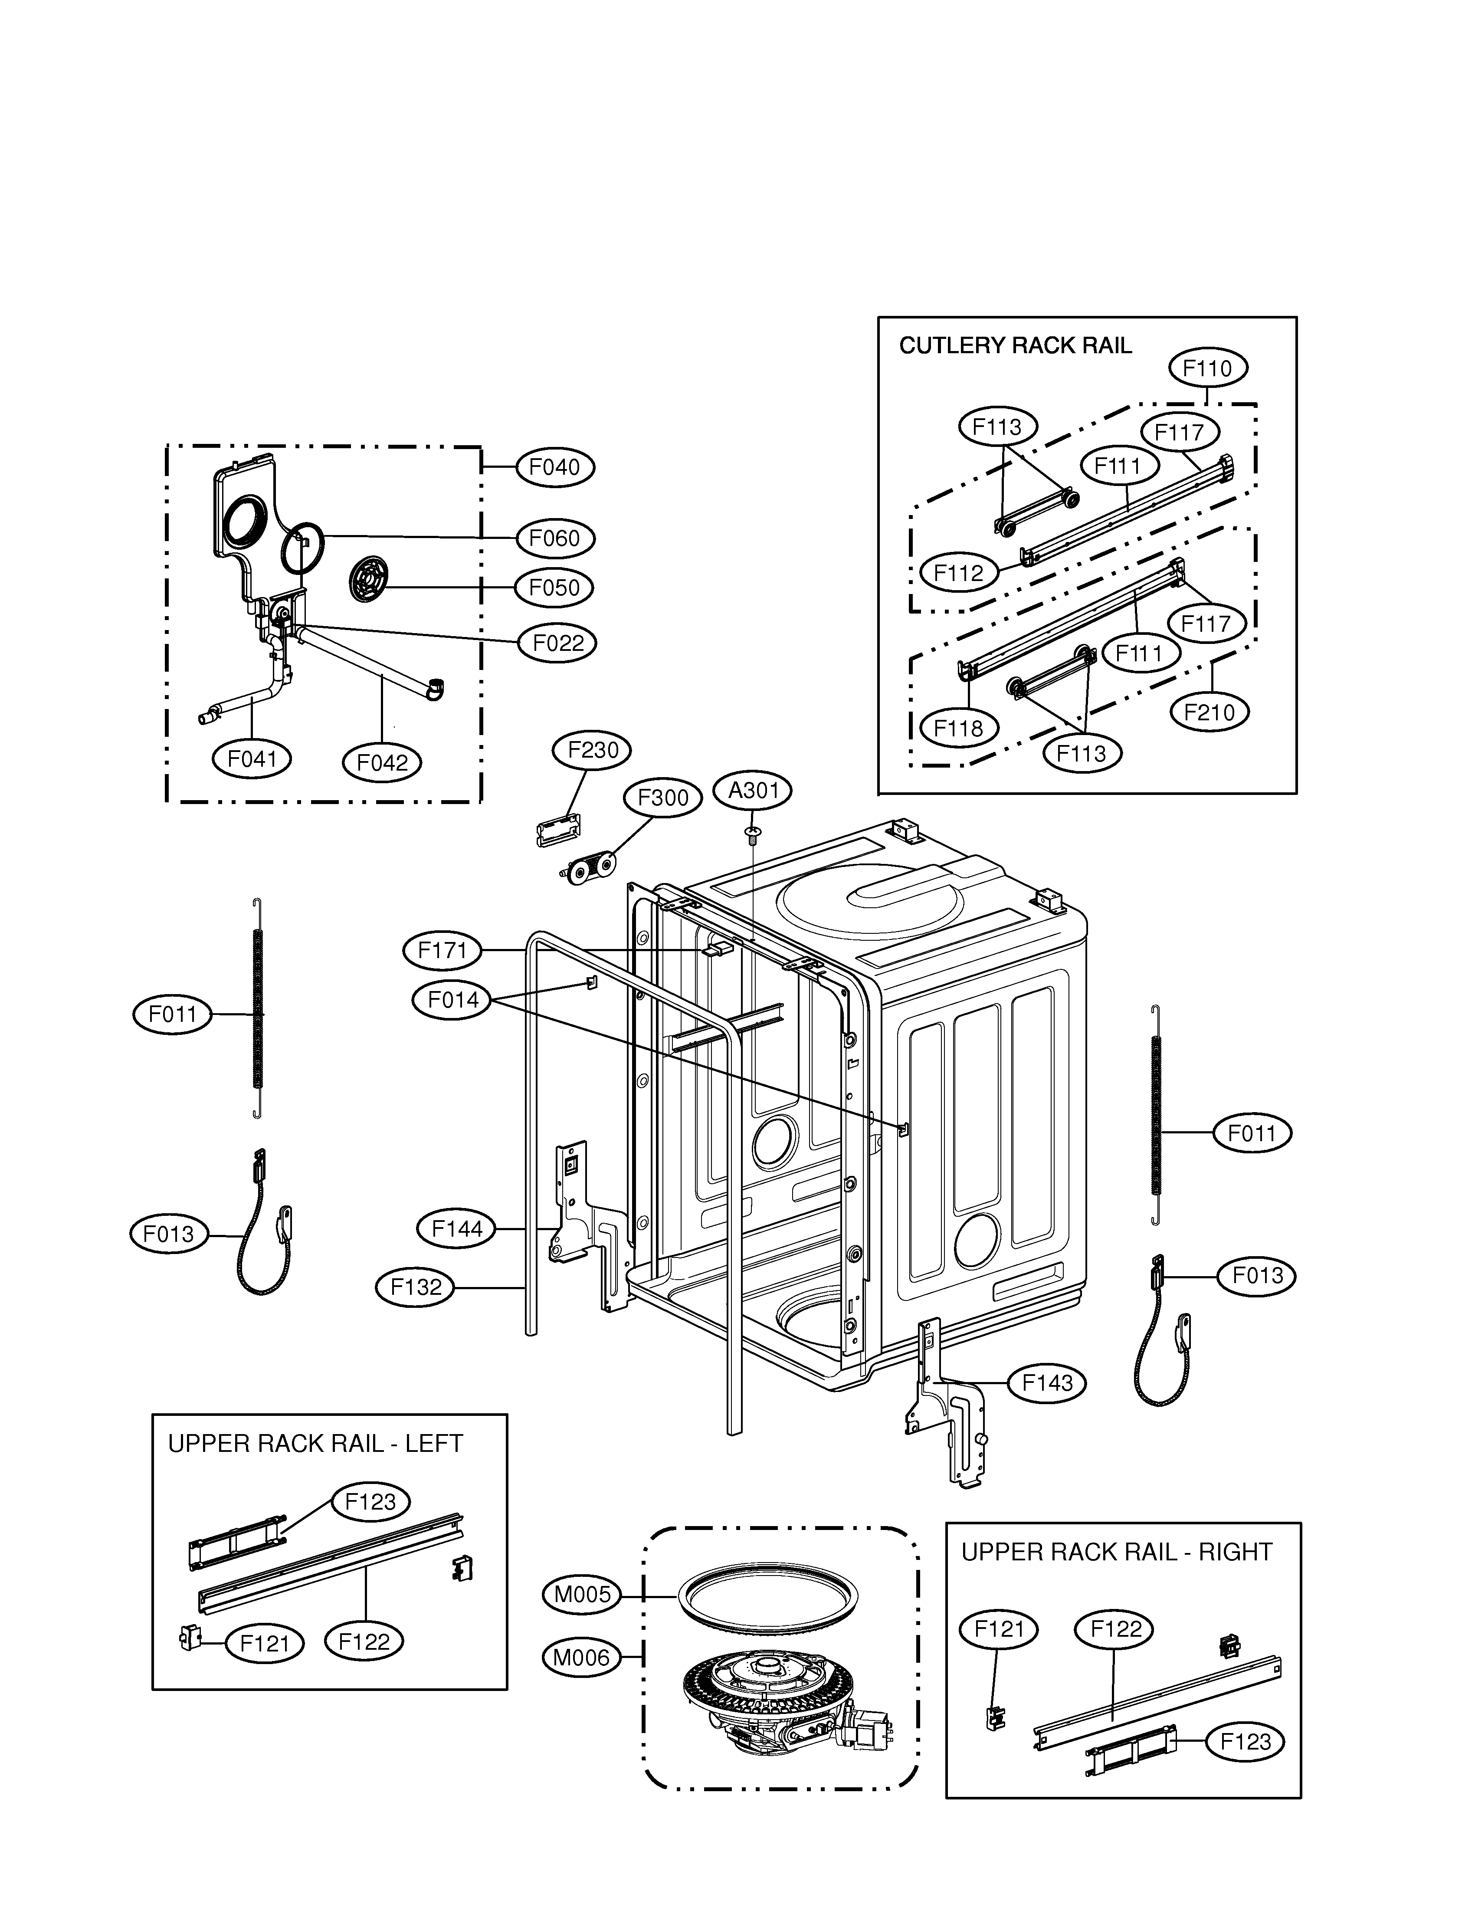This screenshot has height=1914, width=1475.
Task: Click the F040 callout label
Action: pos(555,467)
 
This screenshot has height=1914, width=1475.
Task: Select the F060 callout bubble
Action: pos(555,538)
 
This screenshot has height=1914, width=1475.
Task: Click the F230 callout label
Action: pos(593,750)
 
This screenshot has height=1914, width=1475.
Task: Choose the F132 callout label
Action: pos(416,1287)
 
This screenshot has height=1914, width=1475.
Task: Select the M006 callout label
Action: pos(581,1657)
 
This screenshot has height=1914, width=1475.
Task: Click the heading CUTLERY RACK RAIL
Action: pos(1015,345)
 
